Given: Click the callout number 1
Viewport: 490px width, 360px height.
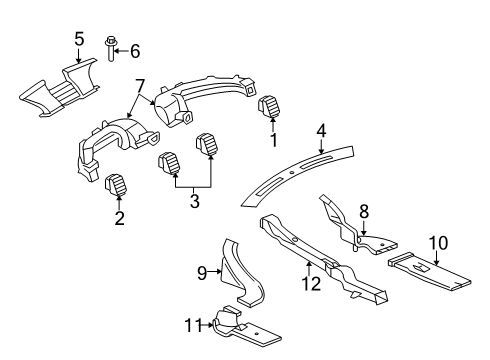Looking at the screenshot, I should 272,140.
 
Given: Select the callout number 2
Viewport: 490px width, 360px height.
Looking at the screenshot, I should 119,218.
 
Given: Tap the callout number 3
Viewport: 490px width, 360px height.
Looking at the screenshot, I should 194,201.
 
